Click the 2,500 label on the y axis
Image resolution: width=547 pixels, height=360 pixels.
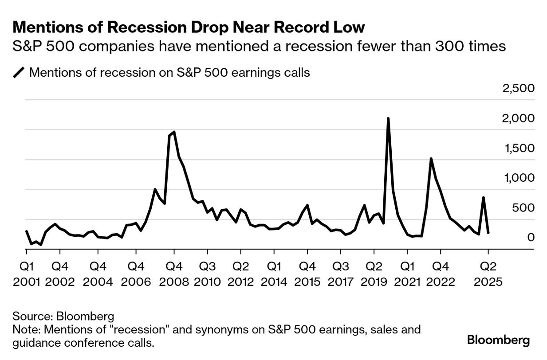(518, 88)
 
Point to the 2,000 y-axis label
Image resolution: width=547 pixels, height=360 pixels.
(518, 118)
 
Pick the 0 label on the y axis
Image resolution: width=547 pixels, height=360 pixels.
(531, 238)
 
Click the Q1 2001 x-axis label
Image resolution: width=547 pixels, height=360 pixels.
(27, 274)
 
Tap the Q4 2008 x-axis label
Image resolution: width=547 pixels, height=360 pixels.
(174, 274)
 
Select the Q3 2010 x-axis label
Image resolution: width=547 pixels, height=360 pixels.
(207, 274)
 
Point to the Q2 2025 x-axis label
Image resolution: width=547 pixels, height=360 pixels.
(488, 274)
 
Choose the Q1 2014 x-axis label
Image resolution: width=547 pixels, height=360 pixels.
(274, 274)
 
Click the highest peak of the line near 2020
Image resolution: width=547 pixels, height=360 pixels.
(388, 118)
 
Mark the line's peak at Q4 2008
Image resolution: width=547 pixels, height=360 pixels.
(174, 132)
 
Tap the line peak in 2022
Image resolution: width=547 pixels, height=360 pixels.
(431, 159)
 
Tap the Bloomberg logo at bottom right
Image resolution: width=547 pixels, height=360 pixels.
(499, 340)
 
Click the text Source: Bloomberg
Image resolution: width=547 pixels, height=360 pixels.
(63, 317)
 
